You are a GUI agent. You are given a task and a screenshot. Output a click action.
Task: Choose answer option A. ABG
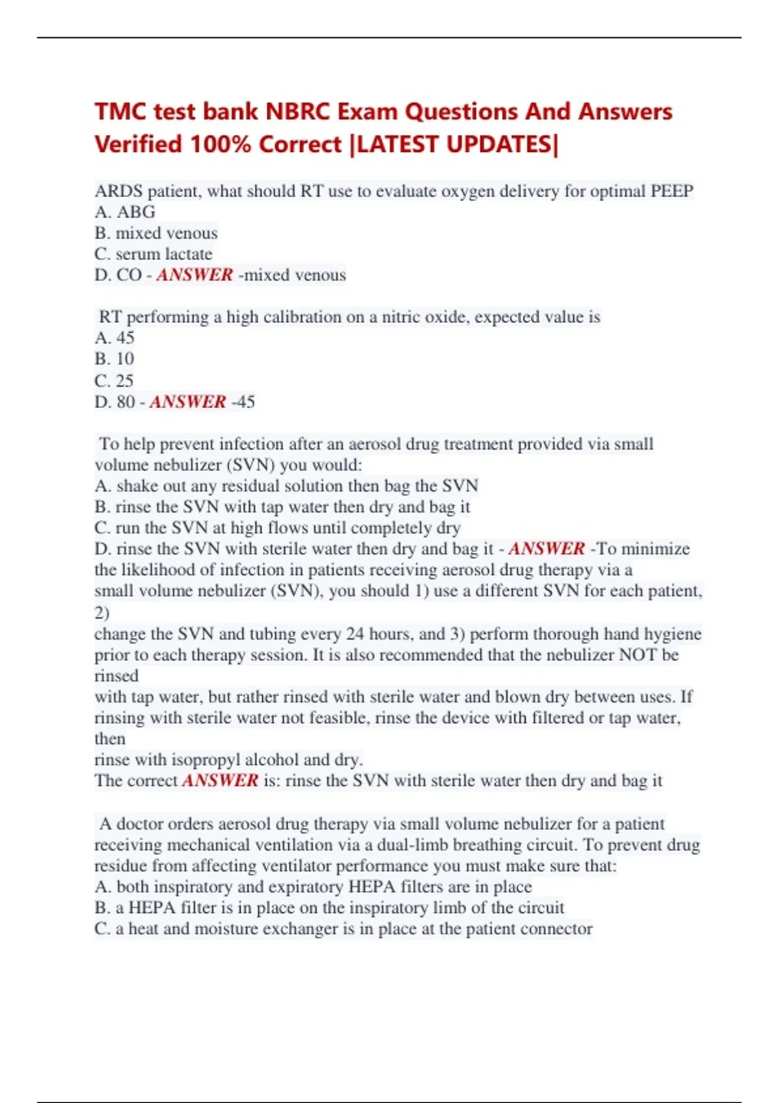coord(125,212)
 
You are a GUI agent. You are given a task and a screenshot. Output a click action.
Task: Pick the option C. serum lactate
coord(153,254)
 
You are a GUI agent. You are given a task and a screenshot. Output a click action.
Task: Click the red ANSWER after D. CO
coord(194,275)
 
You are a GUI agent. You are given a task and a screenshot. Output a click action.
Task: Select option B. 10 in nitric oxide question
coord(114,359)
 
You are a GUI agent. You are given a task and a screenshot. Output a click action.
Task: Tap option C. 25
coord(114,380)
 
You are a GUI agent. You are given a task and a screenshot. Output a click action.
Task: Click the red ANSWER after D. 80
coord(188,402)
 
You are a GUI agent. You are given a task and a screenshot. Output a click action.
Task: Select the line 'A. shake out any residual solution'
coord(286,486)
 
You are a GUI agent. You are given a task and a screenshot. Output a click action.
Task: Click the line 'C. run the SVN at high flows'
coord(277,528)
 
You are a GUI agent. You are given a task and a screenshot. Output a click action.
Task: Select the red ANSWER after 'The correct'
coord(220,781)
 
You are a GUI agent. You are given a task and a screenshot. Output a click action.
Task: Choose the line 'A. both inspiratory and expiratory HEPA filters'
coord(313,887)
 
